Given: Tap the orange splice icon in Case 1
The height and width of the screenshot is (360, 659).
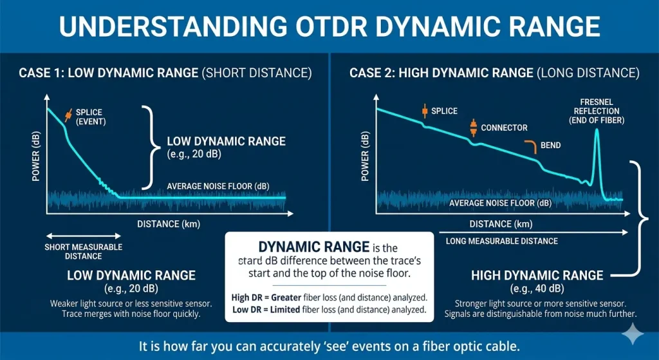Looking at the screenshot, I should click(68, 115).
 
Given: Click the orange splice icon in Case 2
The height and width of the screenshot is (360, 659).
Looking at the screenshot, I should click(424, 111).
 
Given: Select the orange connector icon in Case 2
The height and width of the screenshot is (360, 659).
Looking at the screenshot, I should click(473, 128).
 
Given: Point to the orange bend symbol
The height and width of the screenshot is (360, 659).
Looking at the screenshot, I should click(530, 146).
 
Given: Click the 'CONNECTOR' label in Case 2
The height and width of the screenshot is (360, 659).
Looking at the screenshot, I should click(504, 128).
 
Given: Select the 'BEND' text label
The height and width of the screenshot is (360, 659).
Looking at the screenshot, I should click(550, 146).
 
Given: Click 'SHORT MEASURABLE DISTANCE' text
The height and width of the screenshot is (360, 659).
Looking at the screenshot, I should click(83, 251).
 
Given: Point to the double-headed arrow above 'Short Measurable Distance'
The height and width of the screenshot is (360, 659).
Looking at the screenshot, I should click(83, 236).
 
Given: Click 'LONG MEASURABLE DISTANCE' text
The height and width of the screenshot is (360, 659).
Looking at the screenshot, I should click(502, 241).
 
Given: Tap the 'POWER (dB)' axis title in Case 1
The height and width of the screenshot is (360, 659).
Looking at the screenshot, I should click(36, 158).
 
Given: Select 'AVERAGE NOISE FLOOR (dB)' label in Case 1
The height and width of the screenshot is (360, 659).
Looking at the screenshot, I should click(218, 187).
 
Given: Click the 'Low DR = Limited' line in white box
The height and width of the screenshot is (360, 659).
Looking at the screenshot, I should click(329, 310).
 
